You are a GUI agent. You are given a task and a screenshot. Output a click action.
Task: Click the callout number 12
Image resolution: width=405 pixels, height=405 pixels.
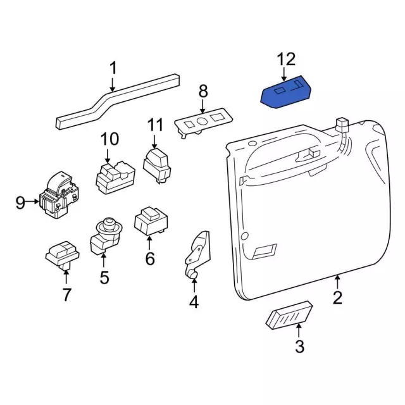[x=286, y=59]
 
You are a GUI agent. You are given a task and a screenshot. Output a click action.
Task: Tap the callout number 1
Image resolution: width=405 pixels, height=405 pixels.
[x=113, y=68]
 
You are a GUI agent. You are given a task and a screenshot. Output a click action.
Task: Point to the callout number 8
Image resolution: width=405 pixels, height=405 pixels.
[x=202, y=90]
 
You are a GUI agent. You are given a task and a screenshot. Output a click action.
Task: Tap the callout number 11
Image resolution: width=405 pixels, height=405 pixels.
[x=156, y=125]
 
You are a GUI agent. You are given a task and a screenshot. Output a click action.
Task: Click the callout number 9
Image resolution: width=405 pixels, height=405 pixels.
[x=20, y=202]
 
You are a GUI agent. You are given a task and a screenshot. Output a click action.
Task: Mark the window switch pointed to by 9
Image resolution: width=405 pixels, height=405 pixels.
[x=59, y=195]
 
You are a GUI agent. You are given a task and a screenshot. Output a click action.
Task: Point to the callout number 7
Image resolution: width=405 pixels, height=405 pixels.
[x=66, y=294]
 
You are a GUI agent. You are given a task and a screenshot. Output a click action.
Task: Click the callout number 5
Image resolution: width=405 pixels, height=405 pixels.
[x=104, y=277]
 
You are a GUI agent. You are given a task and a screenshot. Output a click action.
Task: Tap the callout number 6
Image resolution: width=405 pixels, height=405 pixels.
[x=150, y=258]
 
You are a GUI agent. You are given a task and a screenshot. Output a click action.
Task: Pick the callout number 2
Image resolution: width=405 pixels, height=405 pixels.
[x=337, y=297]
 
